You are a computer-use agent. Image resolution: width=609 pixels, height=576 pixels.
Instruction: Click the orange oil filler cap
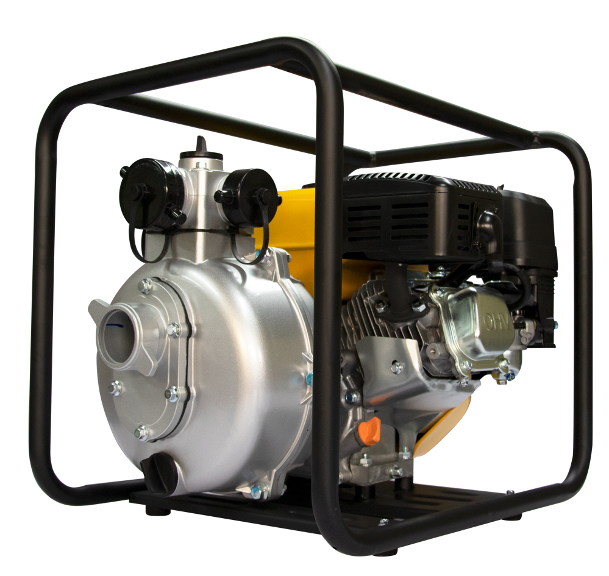click(369, 430)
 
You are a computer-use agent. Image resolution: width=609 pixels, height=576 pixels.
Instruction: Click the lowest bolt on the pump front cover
click(142, 432)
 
